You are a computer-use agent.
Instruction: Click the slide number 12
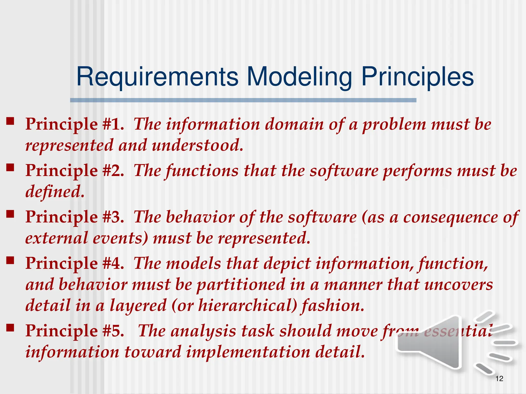point(499,379)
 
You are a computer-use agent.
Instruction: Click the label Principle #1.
point(74,124)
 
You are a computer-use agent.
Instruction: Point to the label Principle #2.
point(74,171)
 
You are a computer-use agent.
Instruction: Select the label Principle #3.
point(74,217)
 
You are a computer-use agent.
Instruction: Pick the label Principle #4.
point(74,264)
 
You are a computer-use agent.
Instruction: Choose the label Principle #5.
point(74,331)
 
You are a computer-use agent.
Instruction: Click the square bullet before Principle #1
point(10,121)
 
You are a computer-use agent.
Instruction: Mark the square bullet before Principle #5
point(10,328)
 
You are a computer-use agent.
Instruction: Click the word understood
point(197,145)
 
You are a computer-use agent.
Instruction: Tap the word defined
point(54,192)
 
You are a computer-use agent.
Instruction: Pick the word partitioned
point(241,285)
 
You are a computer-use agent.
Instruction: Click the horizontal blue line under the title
point(243,100)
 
